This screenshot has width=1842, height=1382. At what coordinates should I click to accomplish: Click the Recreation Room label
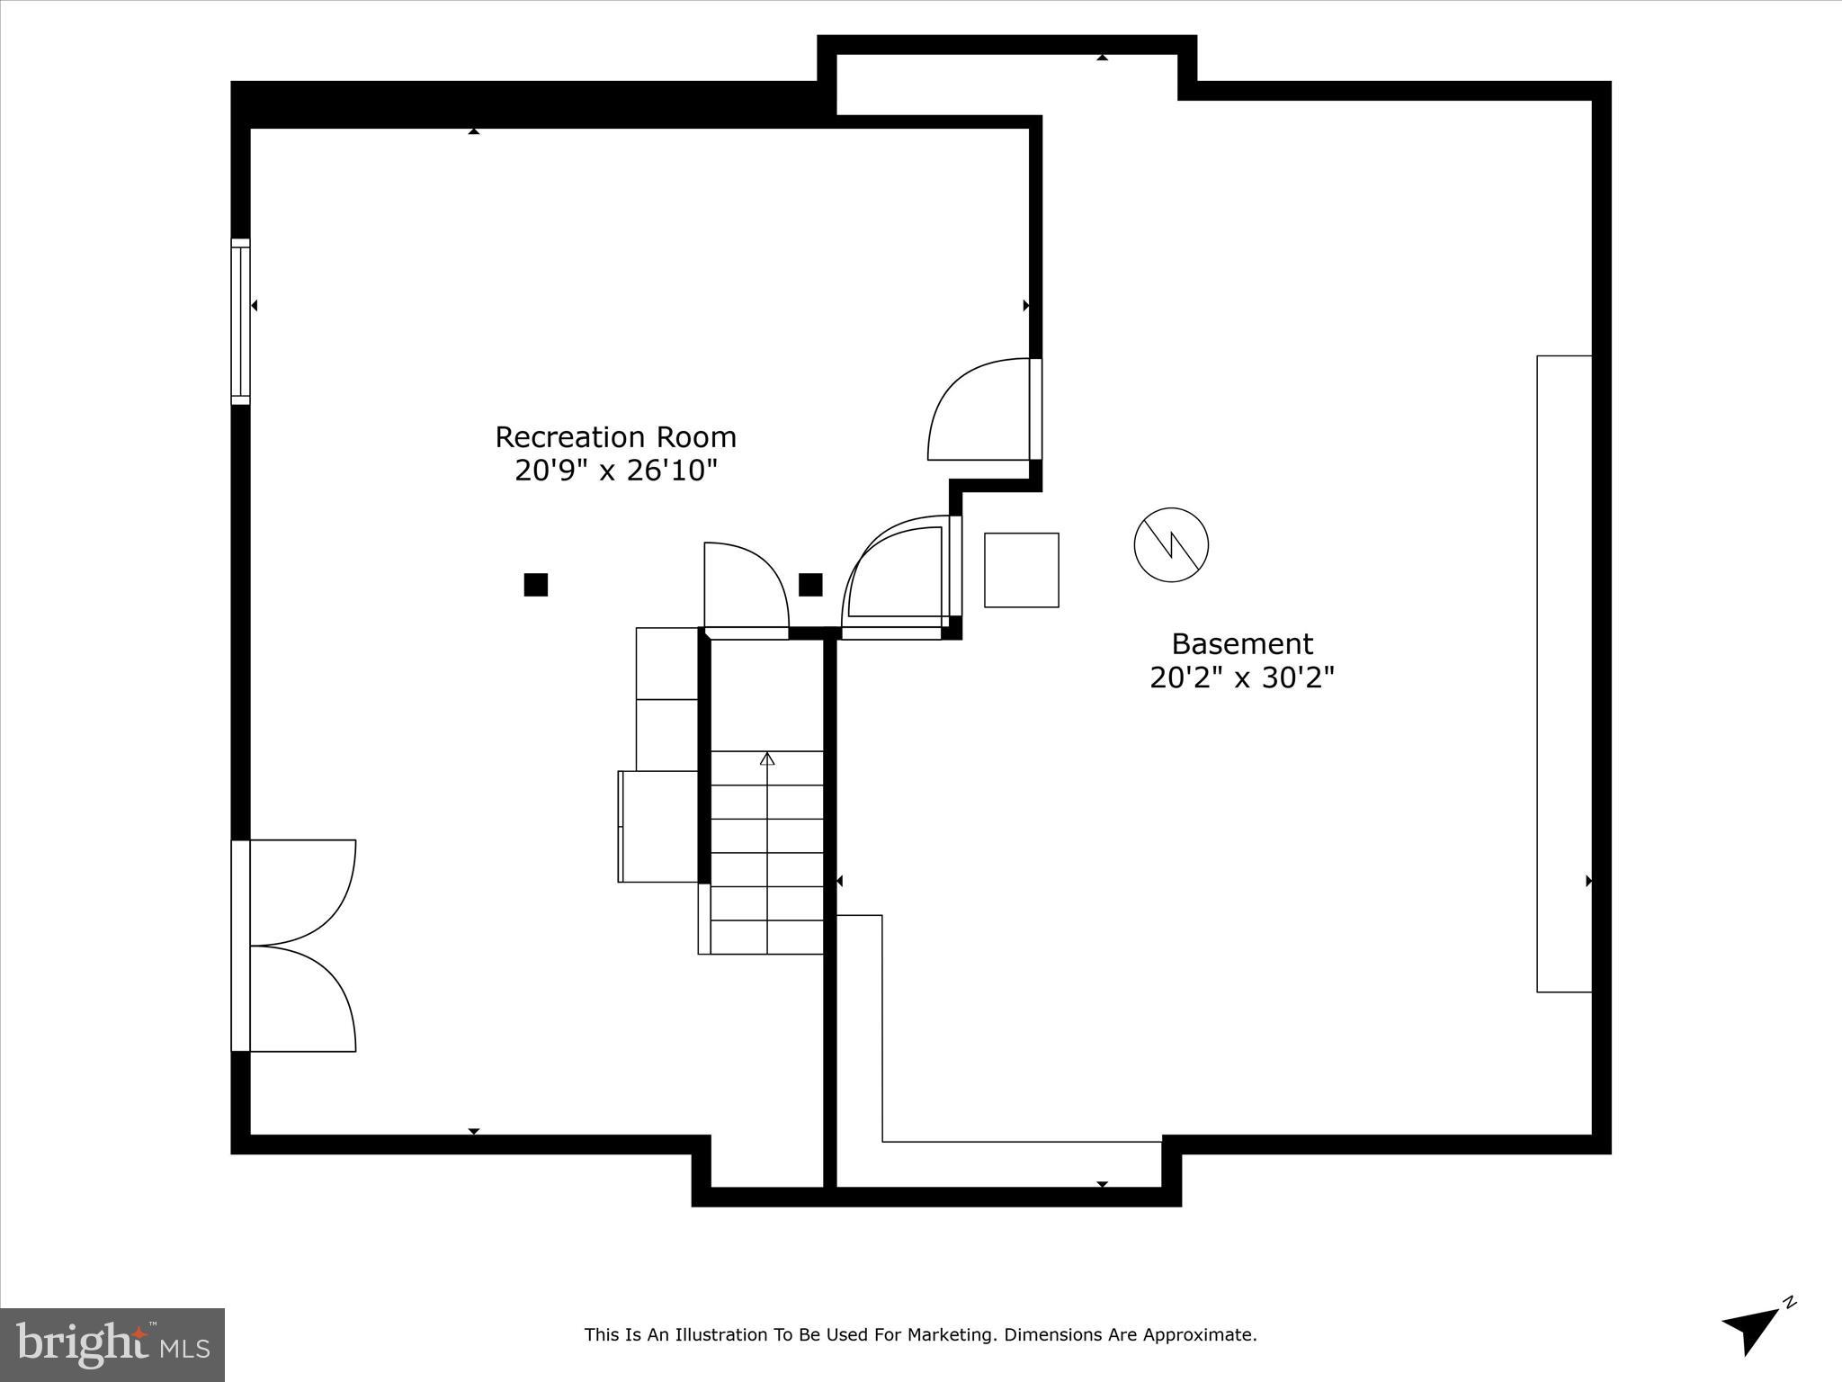point(615,437)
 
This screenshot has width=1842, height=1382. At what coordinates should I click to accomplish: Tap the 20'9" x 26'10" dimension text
point(615,470)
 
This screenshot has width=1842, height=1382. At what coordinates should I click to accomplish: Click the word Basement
point(1241,644)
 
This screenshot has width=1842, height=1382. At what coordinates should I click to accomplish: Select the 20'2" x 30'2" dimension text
point(1241,678)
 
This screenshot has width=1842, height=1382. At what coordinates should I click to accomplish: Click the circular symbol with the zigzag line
point(1170,544)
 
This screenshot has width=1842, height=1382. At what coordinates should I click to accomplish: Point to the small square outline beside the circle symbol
point(1021,570)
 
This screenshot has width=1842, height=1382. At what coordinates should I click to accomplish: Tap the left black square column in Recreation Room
point(535,585)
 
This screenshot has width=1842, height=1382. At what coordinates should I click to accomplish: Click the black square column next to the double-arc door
point(810,585)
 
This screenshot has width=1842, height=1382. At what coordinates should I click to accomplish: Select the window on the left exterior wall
point(240,321)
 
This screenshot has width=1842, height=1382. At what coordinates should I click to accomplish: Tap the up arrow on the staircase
point(767,758)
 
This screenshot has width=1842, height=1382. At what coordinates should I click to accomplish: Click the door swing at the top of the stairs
point(744,589)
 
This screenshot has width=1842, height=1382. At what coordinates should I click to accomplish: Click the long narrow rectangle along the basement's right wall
point(1563,674)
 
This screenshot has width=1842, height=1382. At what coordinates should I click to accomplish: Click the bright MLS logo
point(112,1345)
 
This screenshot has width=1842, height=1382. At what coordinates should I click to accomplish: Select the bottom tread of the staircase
point(766,937)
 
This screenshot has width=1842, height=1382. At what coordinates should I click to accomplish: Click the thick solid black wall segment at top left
point(531,104)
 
